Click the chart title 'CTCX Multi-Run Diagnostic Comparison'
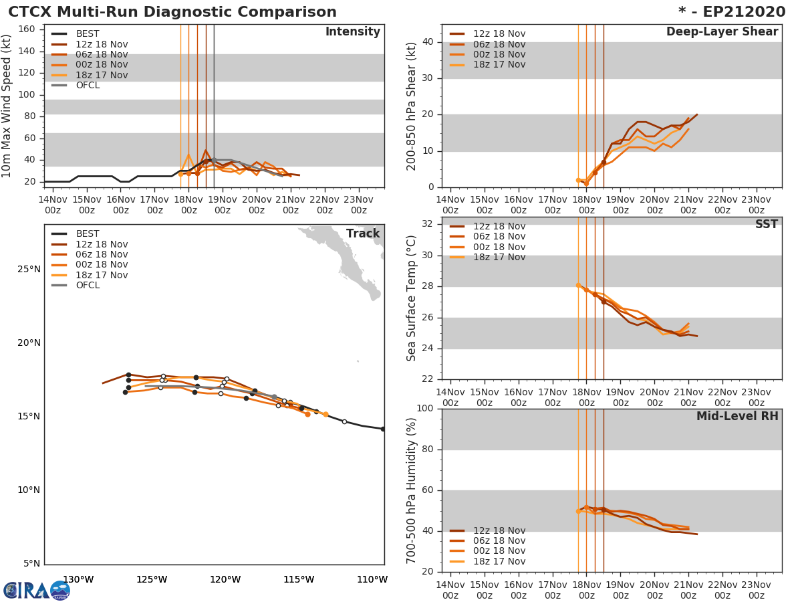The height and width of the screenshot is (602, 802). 172,12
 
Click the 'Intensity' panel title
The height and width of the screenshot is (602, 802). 352,32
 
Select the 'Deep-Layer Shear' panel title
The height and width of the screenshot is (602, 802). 722,32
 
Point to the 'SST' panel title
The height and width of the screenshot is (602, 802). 766,225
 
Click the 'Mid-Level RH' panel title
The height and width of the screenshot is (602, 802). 737,416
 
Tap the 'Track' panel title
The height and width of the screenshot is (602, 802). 363,233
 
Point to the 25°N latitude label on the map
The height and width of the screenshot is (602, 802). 28,270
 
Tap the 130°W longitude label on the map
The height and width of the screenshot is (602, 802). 78,579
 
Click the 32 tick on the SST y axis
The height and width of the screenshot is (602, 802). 426,224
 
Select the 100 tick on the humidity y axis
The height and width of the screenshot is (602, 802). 424,409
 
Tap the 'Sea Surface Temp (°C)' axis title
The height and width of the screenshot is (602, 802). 412,298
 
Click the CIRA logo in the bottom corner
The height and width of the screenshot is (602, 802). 37,590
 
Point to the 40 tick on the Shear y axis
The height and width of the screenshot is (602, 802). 426,42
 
